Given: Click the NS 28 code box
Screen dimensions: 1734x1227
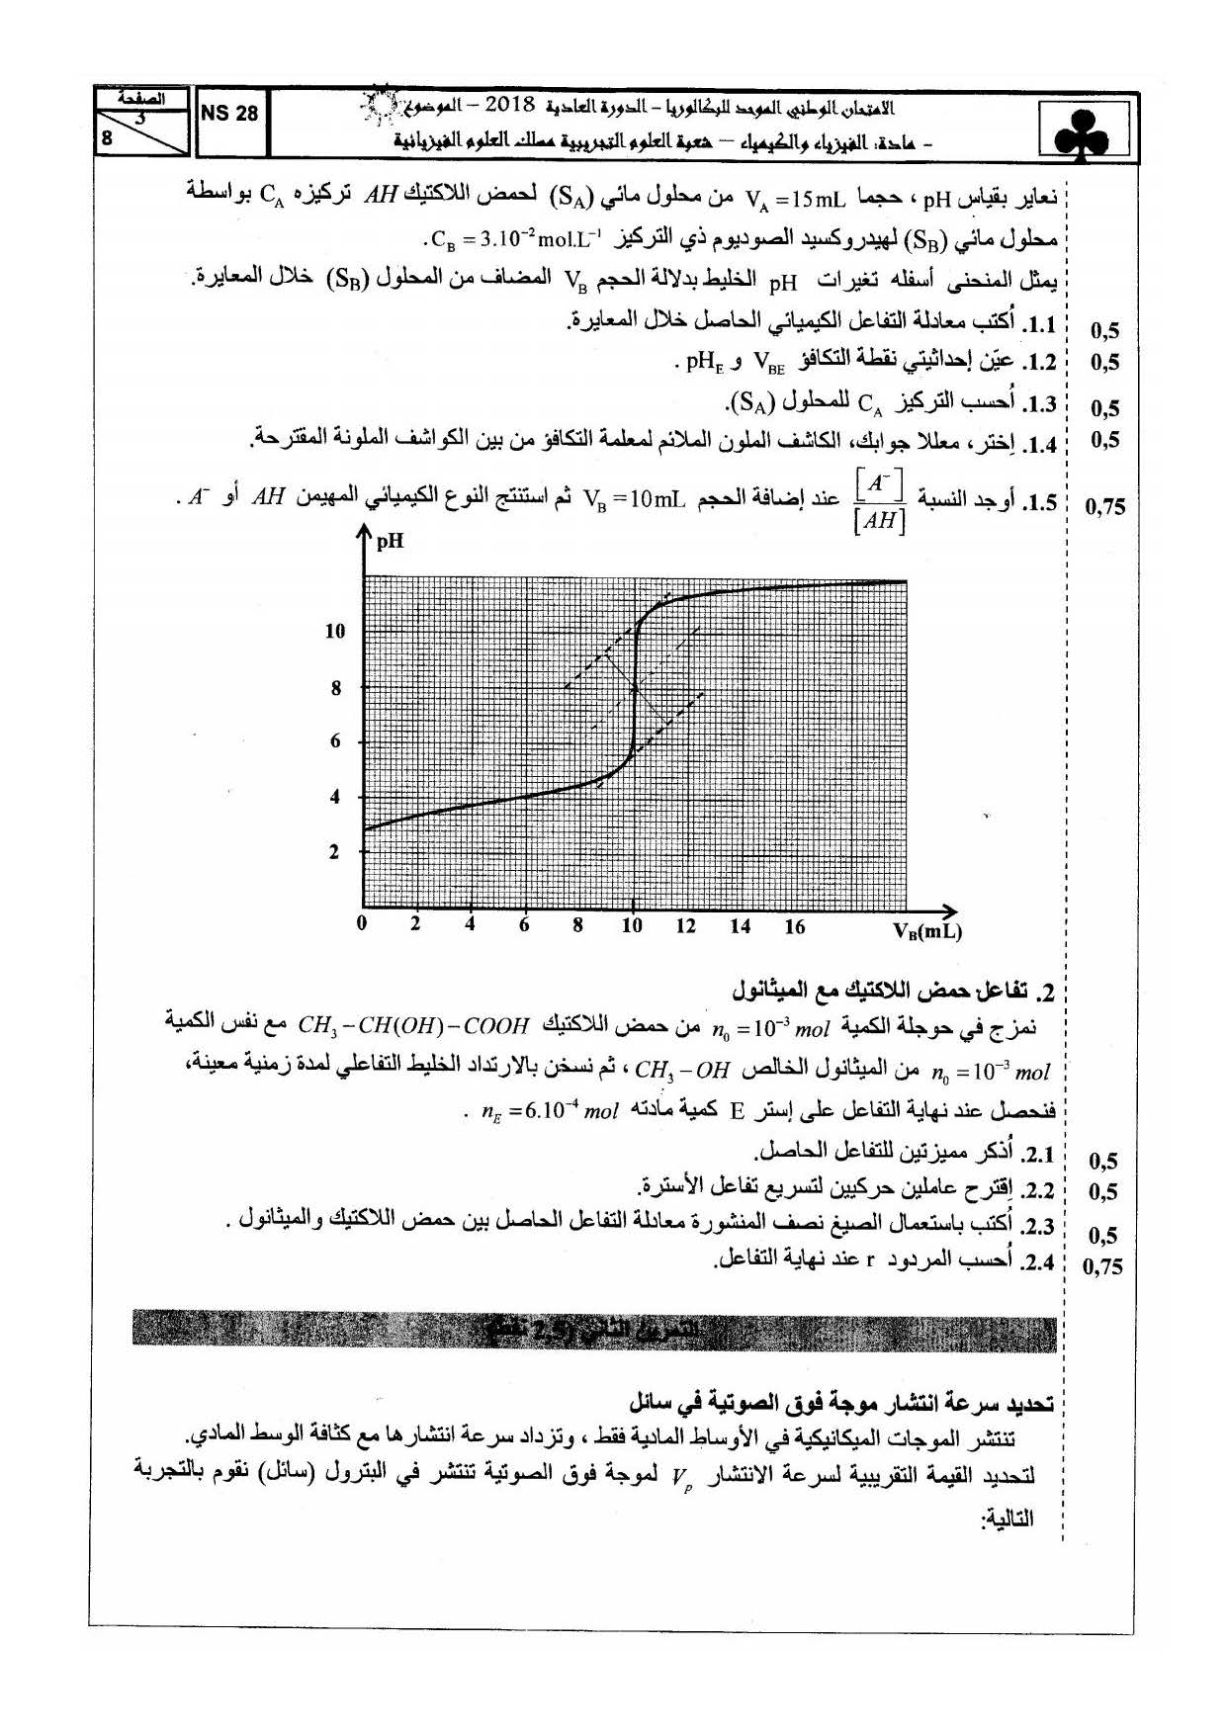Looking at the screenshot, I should [x=229, y=114].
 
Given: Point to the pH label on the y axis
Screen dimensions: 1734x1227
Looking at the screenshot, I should [x=390, y=541].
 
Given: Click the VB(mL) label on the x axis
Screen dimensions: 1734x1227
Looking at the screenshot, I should [x=926, y=930].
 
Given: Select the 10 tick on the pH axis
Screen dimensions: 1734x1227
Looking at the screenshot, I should [x=335, y=631].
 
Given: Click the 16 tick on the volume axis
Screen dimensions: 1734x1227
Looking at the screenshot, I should [x=794, y=926].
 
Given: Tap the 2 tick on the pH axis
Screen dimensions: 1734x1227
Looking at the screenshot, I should [x=334, y=851].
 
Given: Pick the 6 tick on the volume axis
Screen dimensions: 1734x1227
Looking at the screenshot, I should [x=524, y=926].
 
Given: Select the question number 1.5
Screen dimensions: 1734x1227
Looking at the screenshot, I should [x=1039, y=503].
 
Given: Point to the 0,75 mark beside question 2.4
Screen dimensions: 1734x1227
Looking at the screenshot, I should [x=1103, y=1266].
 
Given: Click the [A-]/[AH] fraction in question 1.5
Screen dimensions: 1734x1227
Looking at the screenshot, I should [x=878, y=502].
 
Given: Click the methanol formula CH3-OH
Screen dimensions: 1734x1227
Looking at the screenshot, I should [x=682, y=1070].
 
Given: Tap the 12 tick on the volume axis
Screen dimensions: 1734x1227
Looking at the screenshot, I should [x=685, y=926].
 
